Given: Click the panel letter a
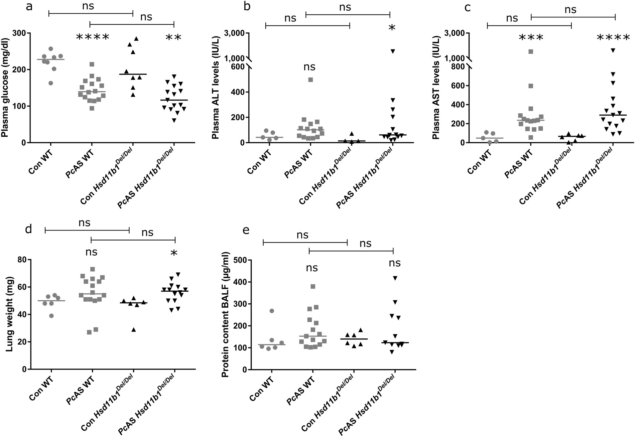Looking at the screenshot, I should pyautogui.click(x=29, y=6).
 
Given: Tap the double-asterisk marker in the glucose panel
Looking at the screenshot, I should pyautogui.click(x=174, y=37).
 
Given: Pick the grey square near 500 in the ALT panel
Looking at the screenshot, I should pyautogui.click(x=310, y=80).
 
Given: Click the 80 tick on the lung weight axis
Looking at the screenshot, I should pyautogui.click(x=22, y=260).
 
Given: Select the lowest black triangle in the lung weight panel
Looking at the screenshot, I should pyautogui.click(x=134, y=330).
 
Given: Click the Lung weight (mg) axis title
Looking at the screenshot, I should pyautogui.click(x=9, y=314).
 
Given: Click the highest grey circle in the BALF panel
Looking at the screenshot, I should pyautogui.click(x=272, y=311).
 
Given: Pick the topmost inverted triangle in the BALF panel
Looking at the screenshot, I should pyautogui.click(x=395, y=278).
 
